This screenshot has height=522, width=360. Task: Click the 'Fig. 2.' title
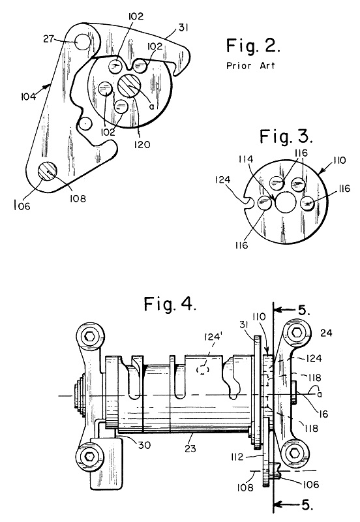253,46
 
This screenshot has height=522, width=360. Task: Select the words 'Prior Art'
251,66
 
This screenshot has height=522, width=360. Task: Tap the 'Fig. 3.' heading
286,136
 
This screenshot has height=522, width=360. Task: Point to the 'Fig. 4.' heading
170,304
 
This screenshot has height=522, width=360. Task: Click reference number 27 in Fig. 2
48,39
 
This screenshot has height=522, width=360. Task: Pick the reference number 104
28,97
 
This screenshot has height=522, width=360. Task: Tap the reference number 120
142,144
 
